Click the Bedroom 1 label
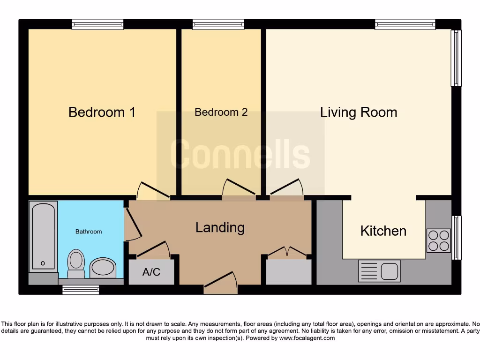102,112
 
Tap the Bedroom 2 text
221,112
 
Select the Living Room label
359,112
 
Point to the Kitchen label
383,231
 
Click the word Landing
220,228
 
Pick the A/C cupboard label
151,272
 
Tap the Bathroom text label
89,232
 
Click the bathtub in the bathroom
43,236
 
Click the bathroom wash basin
103,268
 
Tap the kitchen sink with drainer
379,271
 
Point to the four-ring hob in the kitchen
439,240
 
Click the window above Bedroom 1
97,24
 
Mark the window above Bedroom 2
218,24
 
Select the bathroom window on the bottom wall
81,290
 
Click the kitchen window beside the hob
456,238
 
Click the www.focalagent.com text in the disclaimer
307,338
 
